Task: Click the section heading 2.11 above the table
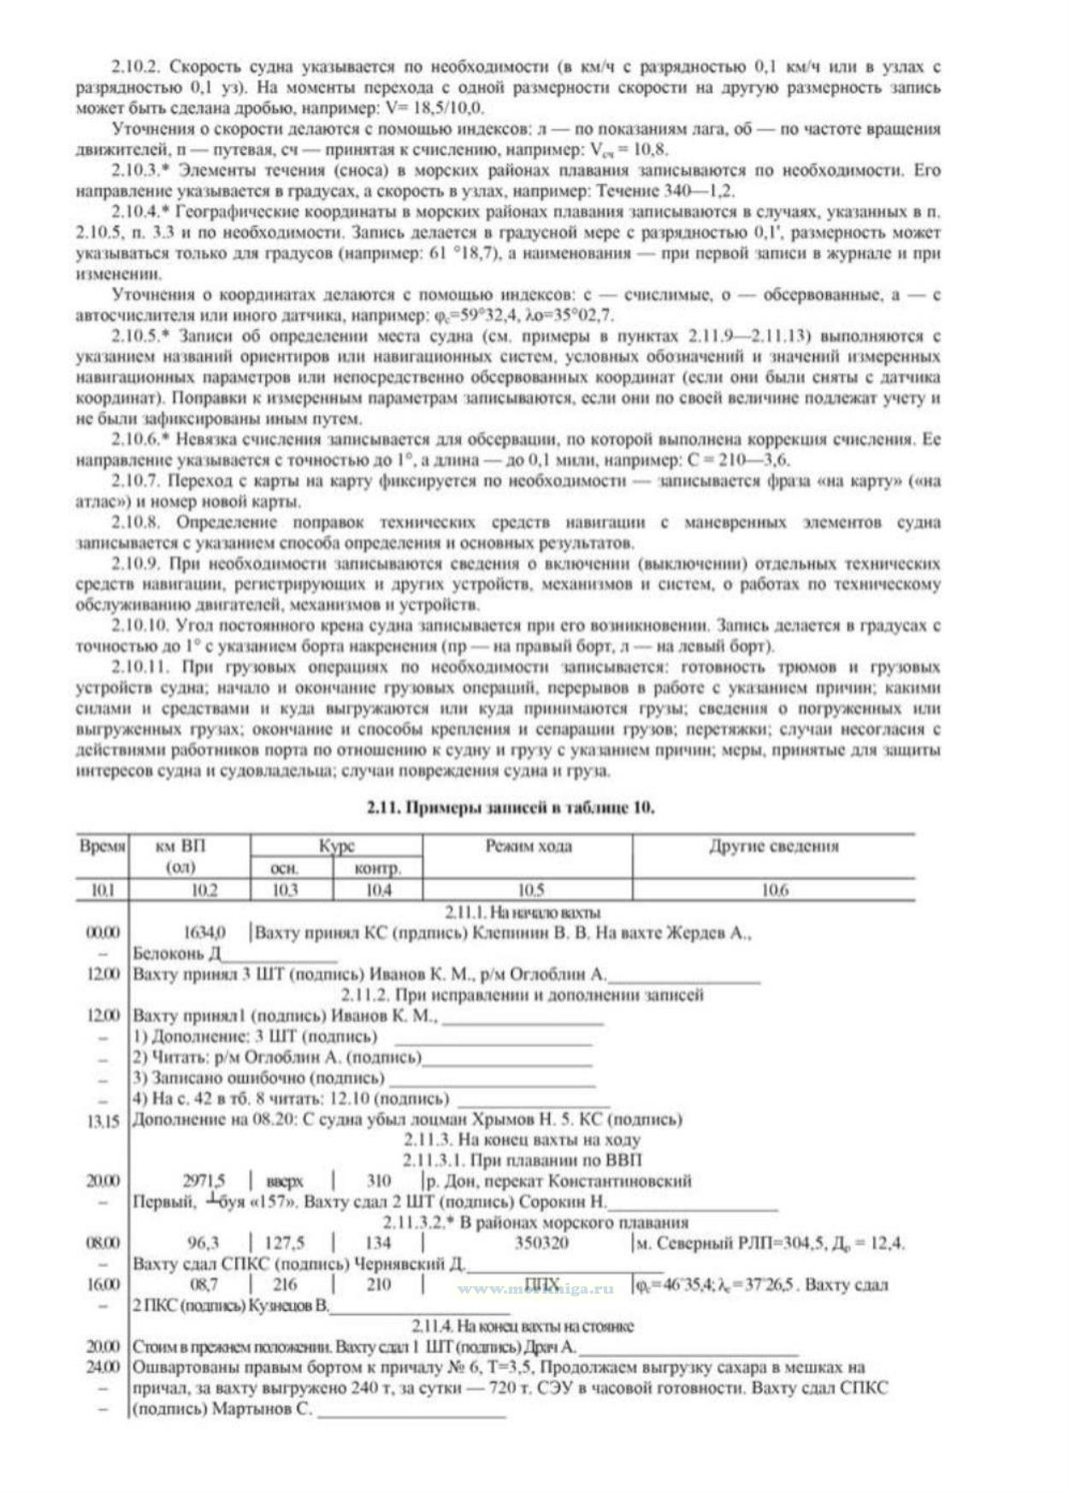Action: click(511, 808)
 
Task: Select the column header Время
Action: click(103, 847)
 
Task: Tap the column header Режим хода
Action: click(528, 847)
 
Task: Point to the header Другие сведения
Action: click(773, 847)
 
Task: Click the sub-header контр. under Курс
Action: click(377, 868)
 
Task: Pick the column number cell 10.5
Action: click(528, 890)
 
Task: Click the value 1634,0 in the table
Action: click(204, 932)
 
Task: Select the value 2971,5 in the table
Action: click(204, 1181)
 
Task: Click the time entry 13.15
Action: click(103, 1120)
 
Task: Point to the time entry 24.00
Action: click(103, 1367)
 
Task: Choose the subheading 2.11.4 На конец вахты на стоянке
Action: click(523, 1326)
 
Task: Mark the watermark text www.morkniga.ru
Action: click(535, 1288)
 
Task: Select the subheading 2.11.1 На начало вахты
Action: click(523, 912)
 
